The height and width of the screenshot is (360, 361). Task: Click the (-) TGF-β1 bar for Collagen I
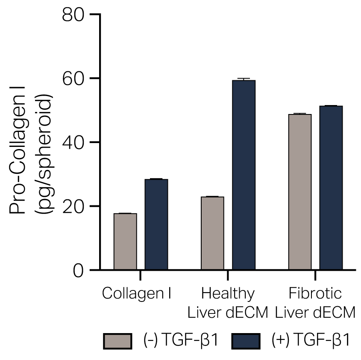[125, 241]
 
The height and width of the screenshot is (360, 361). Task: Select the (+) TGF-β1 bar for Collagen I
[156, 224]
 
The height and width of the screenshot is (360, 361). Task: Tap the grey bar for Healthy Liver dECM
[212, 233]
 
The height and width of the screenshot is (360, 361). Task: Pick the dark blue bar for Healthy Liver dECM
[244, 175]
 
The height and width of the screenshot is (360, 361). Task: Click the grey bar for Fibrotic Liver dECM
[300, 192]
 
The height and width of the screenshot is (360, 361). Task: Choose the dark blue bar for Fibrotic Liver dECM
[331, 187]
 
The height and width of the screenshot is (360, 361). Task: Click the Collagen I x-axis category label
[137, 294]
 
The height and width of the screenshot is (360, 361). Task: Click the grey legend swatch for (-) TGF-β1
[117, 341]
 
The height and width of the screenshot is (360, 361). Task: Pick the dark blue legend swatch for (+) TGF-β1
[246, 341]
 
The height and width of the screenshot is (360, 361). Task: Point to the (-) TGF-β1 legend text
[181, 341]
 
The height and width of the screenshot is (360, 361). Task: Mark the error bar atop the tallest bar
[244, 79]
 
